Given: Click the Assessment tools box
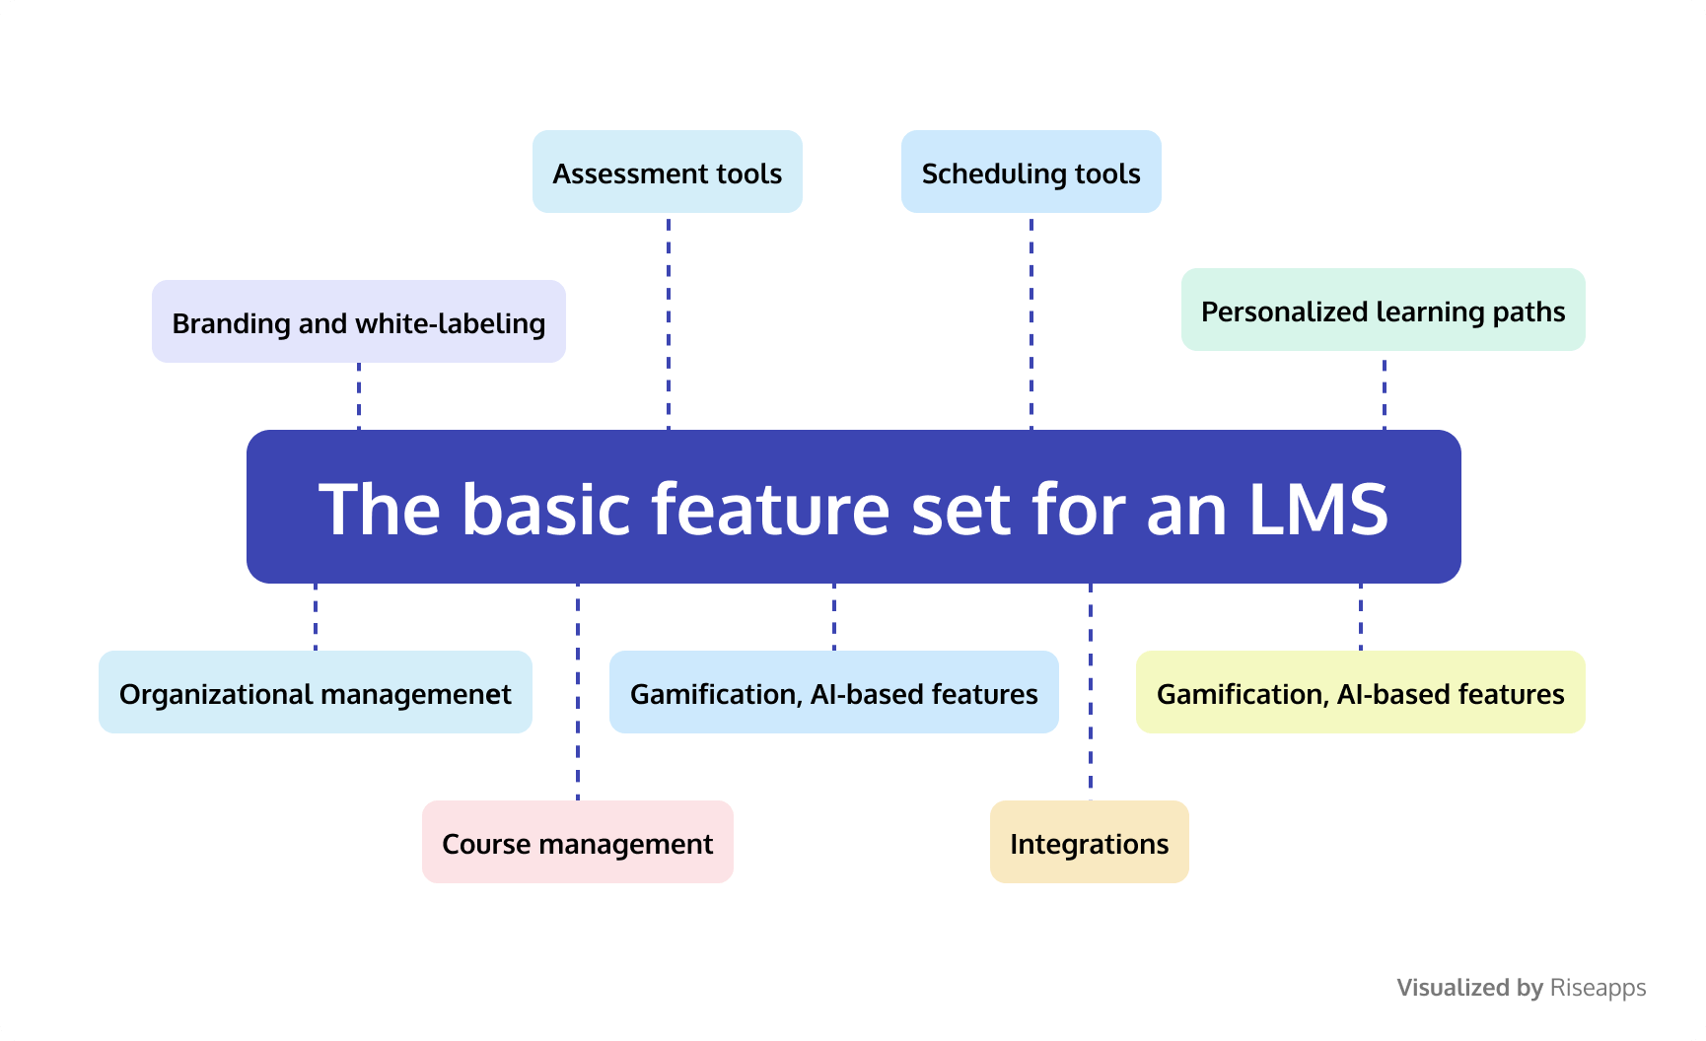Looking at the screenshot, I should click(668, 173).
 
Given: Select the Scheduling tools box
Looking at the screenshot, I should click(1031, 173).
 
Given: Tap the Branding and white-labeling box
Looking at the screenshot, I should click(358, 322).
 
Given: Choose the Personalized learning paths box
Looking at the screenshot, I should click(1383, 311).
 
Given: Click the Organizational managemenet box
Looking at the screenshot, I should click(315, 693).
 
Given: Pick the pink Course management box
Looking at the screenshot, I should click(577, 843).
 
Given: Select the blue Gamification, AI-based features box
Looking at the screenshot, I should click(833, 693).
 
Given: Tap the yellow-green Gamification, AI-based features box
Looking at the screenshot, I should click(1360, 693).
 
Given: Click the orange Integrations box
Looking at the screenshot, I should click(1089, 843).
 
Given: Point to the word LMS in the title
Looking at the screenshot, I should click(1318, 509).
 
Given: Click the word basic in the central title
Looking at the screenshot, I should click(545, 509).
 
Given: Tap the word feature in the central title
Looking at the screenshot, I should click(771, 509).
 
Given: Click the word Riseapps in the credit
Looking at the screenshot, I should click(1598, 988).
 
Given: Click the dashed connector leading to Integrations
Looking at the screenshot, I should click(1091, 690).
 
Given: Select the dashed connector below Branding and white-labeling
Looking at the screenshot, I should click(359, 396).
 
